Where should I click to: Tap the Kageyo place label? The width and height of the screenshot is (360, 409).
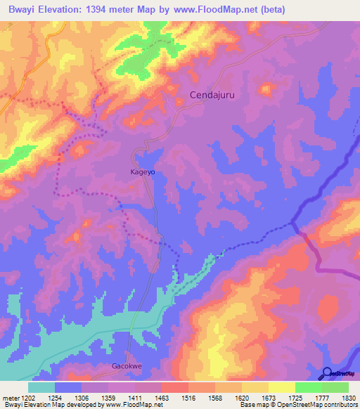pyautogui.click(x=143, y=171)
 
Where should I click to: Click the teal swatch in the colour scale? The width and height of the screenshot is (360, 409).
pyautogui.click(x=41, y=387)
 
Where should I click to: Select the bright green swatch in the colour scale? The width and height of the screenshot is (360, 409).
pyautogui.click(x=309, y=387)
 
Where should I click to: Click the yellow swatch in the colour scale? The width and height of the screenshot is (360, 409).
pyautogui.click(x=282, y=387)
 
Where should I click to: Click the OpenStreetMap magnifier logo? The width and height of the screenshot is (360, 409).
pyautogui.click(x=328, y=373)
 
